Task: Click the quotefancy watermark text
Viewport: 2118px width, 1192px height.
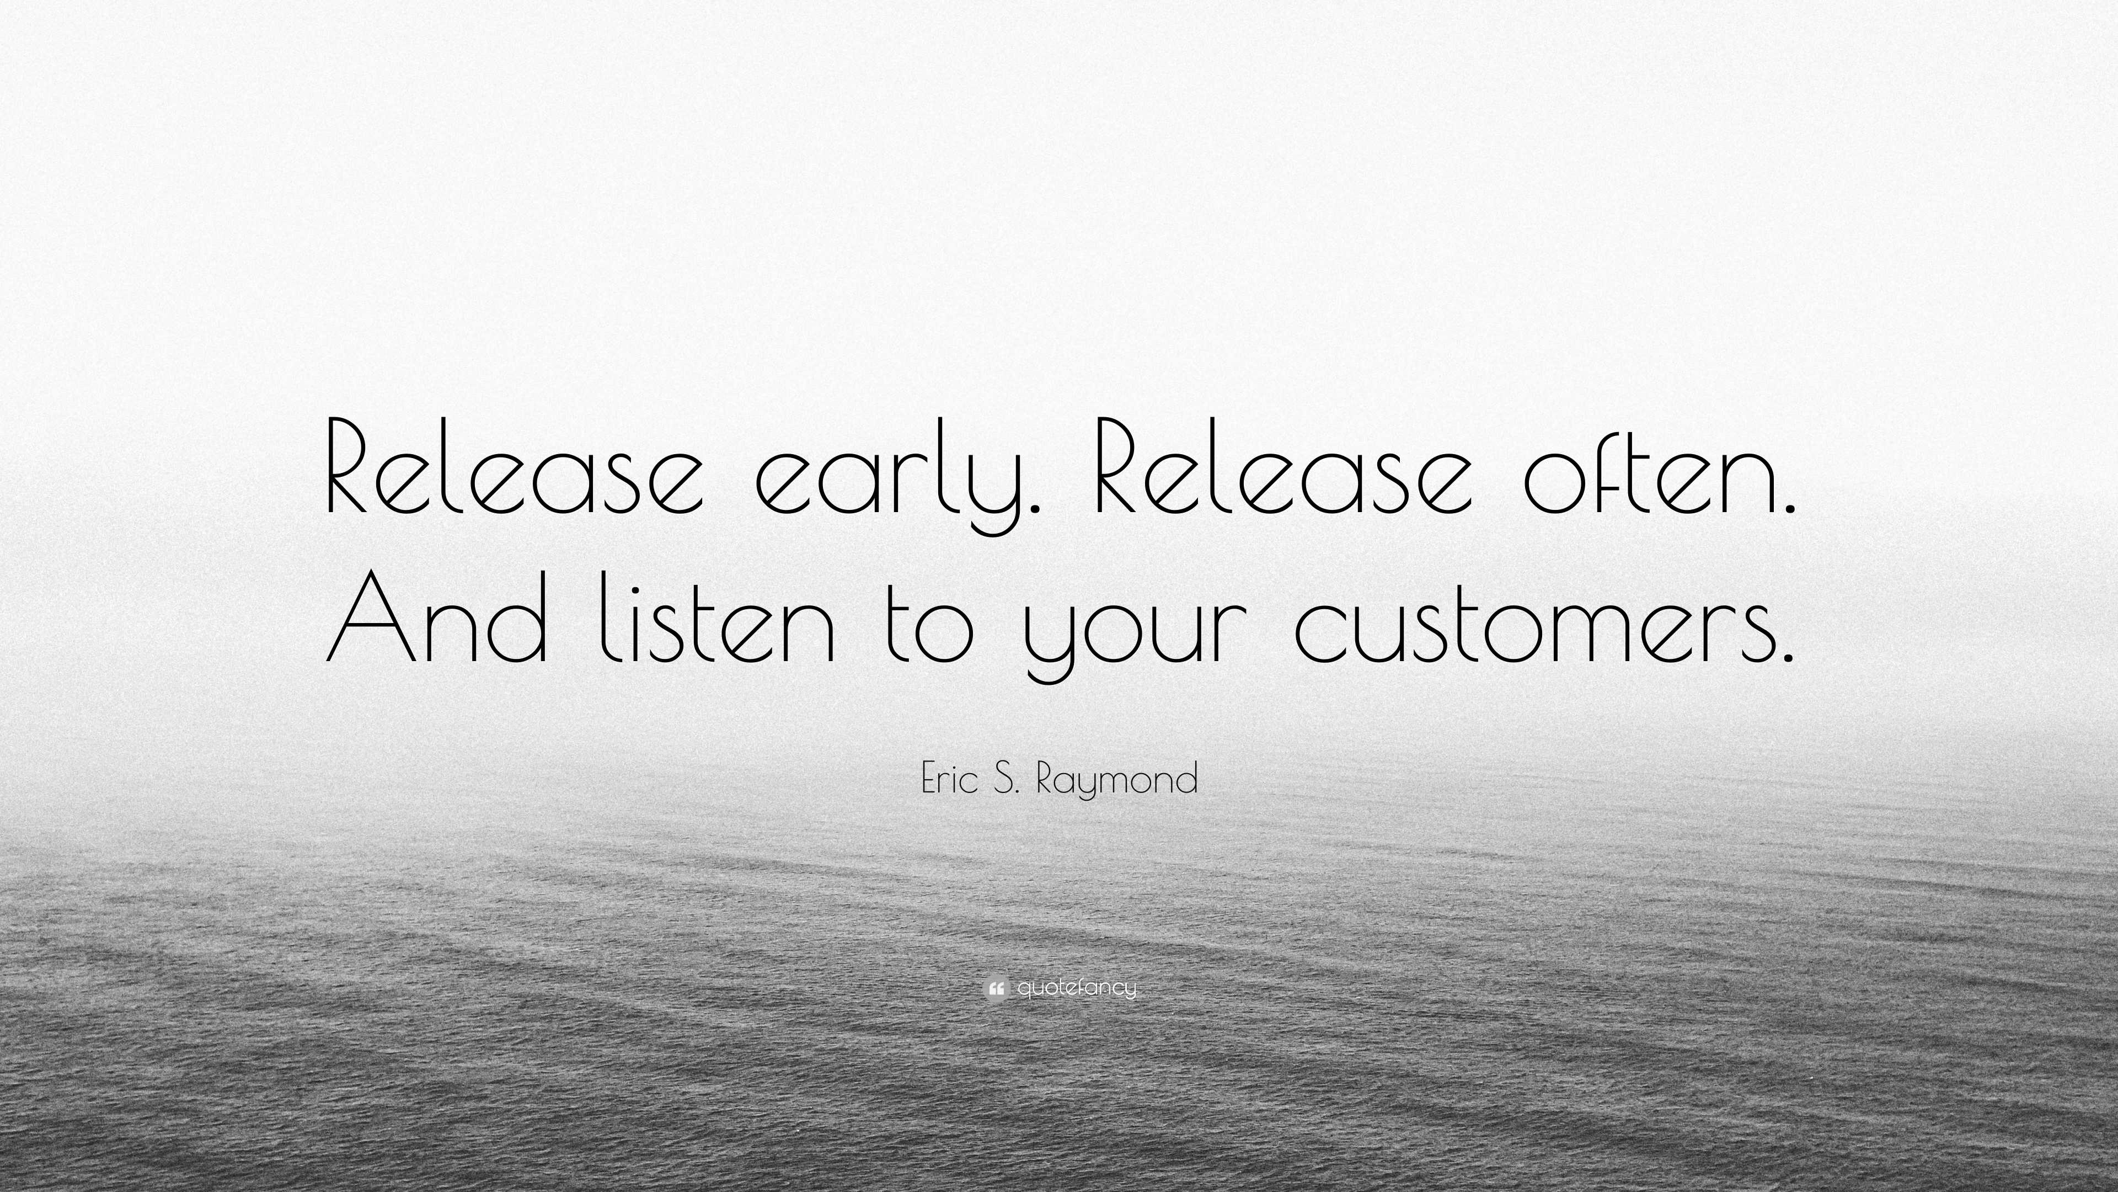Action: tap(1077, 988)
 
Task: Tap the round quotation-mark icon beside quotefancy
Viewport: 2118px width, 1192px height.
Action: tap(995, 988)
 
